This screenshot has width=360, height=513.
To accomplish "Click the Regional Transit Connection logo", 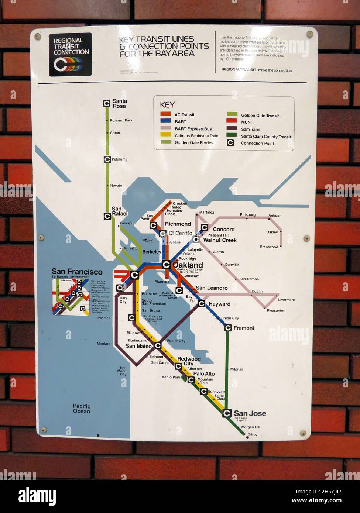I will pos(70,55).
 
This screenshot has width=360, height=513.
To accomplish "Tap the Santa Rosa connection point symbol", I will pos(107,104).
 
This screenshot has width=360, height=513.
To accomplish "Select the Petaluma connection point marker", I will pos(107,159).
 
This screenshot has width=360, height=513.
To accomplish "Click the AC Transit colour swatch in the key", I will pos(165,114).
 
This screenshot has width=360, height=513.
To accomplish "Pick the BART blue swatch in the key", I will pos(165,121).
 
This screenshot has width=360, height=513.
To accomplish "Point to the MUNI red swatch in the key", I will pos(232,122).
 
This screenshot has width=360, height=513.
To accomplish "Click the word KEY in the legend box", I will pos(167,105).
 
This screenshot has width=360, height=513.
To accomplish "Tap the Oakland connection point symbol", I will pos(166,265).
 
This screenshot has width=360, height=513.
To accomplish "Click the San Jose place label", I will pos(250,413).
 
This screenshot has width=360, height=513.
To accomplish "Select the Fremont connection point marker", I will pos(227,328).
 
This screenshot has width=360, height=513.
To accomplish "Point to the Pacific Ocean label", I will pos(81,409).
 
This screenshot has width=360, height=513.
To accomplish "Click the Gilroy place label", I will pos(253,434).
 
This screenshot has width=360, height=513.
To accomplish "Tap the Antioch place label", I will pos(275,216).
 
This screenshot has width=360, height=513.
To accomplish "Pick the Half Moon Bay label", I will pos(122,371).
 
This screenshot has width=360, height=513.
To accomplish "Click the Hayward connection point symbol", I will pos(202,304).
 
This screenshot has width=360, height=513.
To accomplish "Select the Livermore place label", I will pos(287,300).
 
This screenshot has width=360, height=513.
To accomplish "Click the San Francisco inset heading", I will pos(77,272).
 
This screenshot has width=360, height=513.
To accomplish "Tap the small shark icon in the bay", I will pos(148,240).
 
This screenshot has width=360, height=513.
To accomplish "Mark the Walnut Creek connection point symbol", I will pos(196,240).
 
